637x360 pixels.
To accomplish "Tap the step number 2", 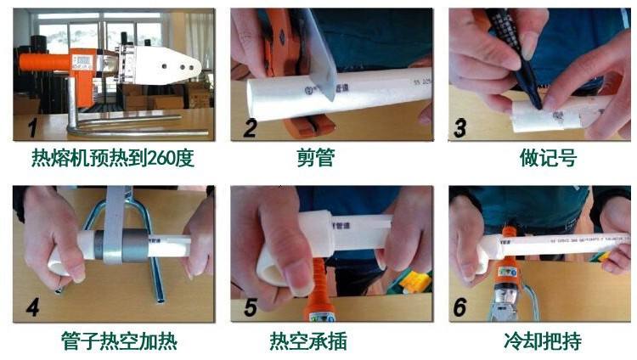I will pos(249,129).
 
